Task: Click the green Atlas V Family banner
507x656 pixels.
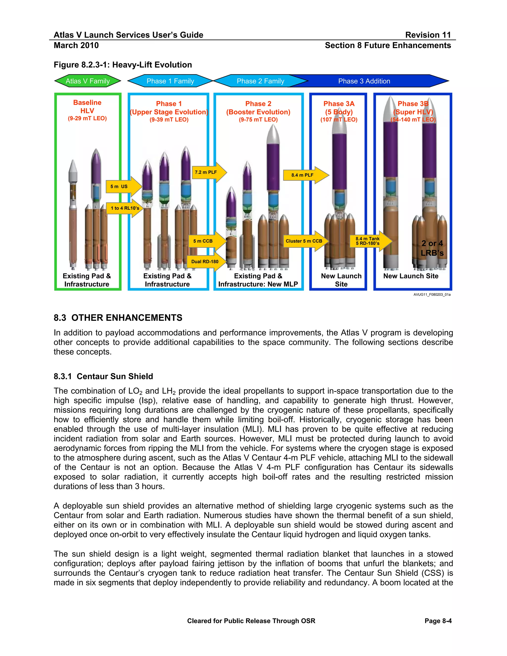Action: coord(87,81)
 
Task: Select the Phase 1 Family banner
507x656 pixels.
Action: coord(170,81)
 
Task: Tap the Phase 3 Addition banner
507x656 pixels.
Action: coord(364,81)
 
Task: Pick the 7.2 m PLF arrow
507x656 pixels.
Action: coord(208,172)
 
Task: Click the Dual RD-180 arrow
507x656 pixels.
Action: coord(206,262)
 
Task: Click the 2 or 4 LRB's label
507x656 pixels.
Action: coord(432,248)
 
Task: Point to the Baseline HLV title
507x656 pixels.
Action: coord(87,107)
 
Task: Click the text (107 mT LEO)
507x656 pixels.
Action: coord(339,120)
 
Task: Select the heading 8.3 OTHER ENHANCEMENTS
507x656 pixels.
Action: coord(118,318)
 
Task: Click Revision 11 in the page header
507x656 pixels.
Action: coord(428,35)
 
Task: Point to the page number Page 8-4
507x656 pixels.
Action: coord(438,621)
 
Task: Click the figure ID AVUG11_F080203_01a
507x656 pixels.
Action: coord(431,295)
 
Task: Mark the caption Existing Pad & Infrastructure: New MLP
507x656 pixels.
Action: coord(258,280)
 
